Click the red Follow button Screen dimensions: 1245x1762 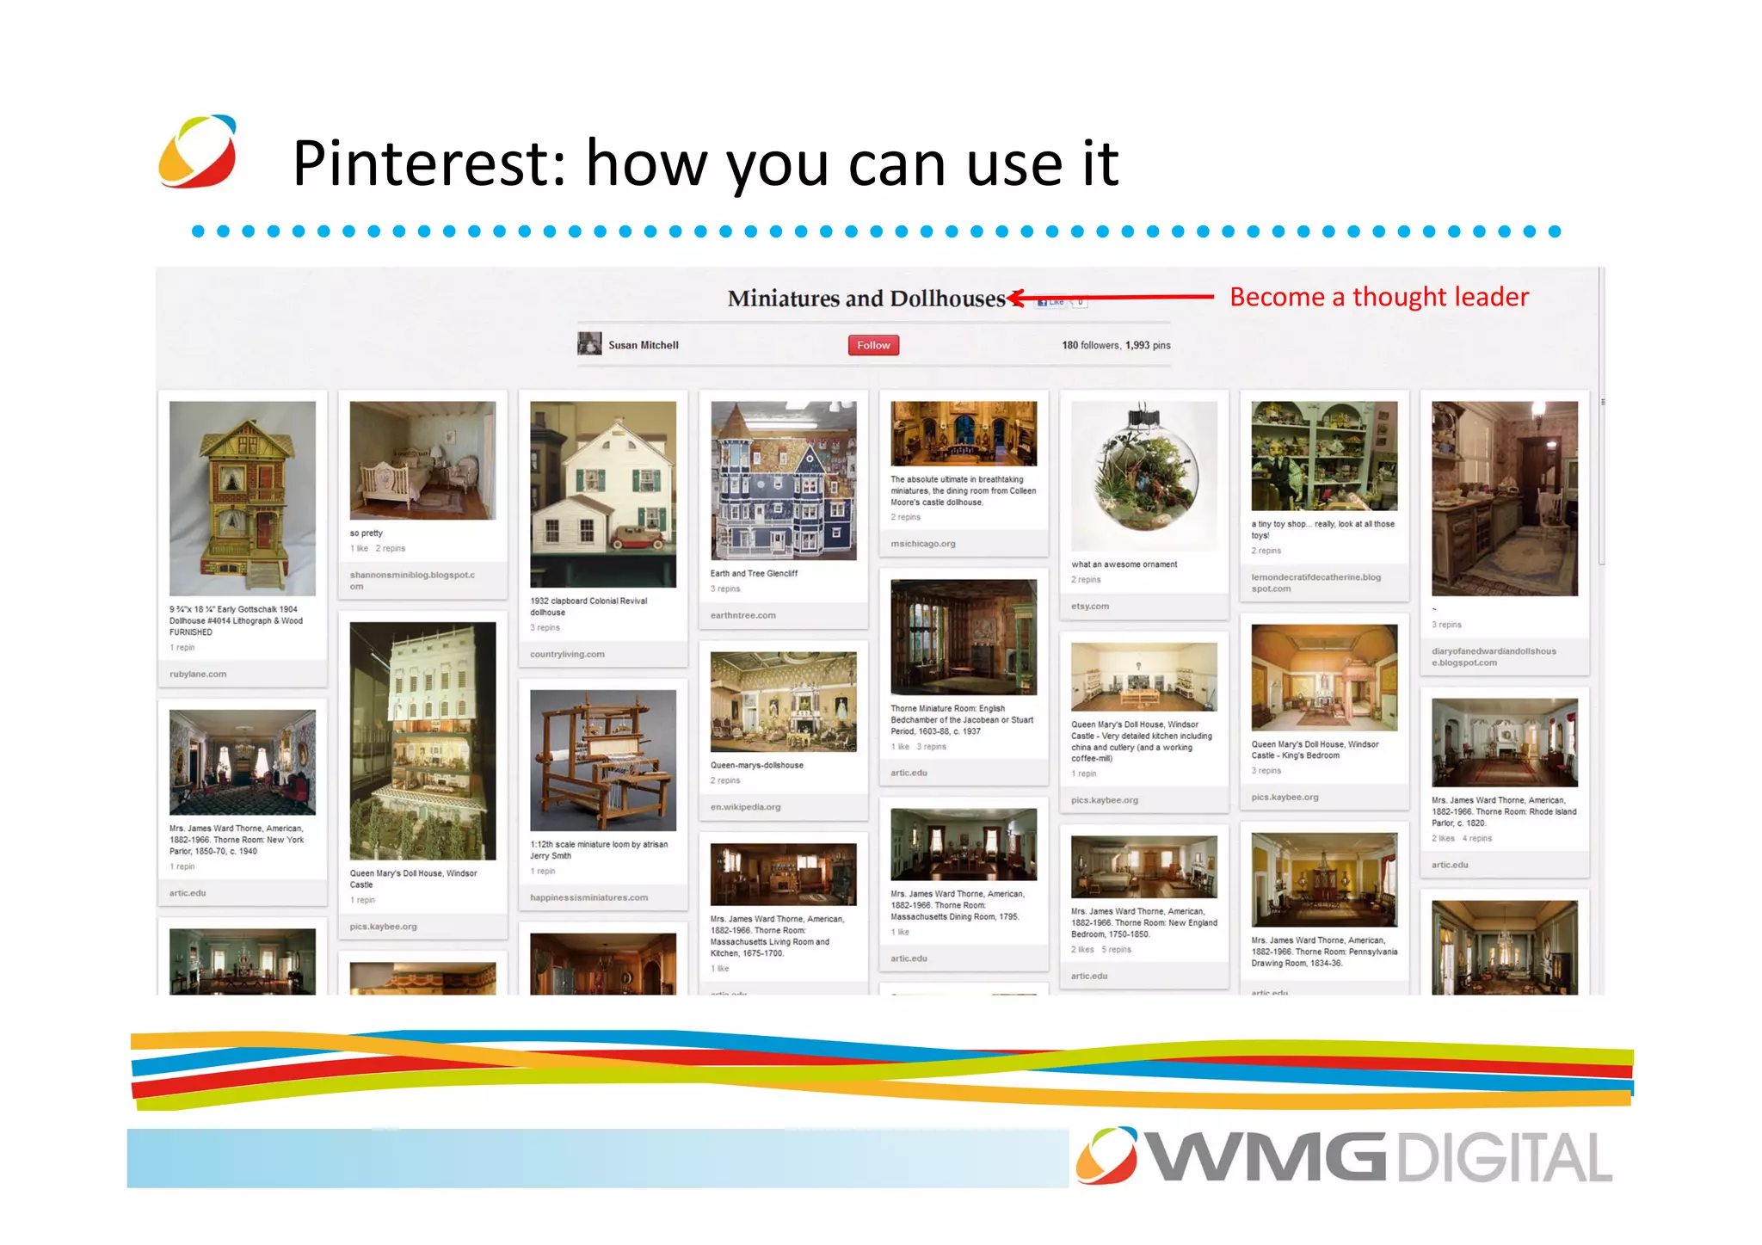[873, 345]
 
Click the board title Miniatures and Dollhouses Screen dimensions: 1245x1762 [866, 299]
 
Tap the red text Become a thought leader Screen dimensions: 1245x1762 [1378, 297]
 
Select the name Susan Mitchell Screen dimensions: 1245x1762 [643, 345]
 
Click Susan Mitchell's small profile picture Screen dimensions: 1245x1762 [589, 344]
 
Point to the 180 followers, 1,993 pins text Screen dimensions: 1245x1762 [1115, 345]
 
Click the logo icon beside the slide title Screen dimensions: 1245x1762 [198, 151]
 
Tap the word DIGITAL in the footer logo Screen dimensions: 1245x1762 [1503, 1158]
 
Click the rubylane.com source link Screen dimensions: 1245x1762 [198, 674]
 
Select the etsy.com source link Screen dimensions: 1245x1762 [1090, 606]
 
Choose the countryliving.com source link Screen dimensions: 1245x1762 [567, 654]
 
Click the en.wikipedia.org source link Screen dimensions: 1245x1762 [745, 807]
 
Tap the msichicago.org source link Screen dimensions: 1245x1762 [922, 543]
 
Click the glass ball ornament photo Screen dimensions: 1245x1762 [1143, 473]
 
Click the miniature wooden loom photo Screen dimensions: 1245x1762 [602, 759]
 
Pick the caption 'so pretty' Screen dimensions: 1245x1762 [366, 533]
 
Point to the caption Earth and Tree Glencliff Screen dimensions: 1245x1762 [754, 573]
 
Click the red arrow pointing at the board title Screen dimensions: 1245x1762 [1110, 298]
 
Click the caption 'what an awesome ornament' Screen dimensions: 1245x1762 [1124, 564]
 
